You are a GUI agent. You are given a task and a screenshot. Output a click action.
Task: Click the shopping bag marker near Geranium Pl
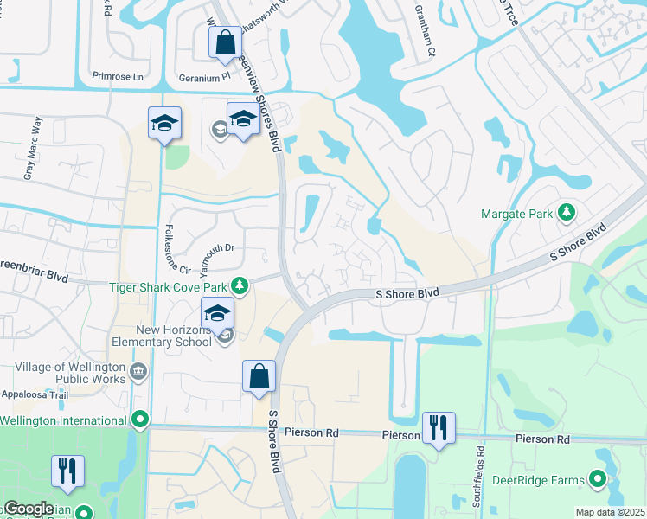point(225,42)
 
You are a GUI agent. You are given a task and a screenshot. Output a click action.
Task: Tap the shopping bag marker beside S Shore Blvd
point(259,376)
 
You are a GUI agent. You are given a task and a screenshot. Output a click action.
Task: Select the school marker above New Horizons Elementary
point(218,314)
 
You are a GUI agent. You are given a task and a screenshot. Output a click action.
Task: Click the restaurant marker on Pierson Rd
point(439,427)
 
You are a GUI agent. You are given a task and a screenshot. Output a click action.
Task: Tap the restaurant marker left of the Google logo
point(67,471)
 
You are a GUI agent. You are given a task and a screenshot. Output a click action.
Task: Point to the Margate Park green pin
point(567,212)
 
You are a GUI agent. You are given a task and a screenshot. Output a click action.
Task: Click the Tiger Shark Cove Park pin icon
point(245,285)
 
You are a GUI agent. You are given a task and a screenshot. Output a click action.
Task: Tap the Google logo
point(29,509)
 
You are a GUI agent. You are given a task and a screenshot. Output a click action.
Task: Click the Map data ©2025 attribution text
point(610,512)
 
